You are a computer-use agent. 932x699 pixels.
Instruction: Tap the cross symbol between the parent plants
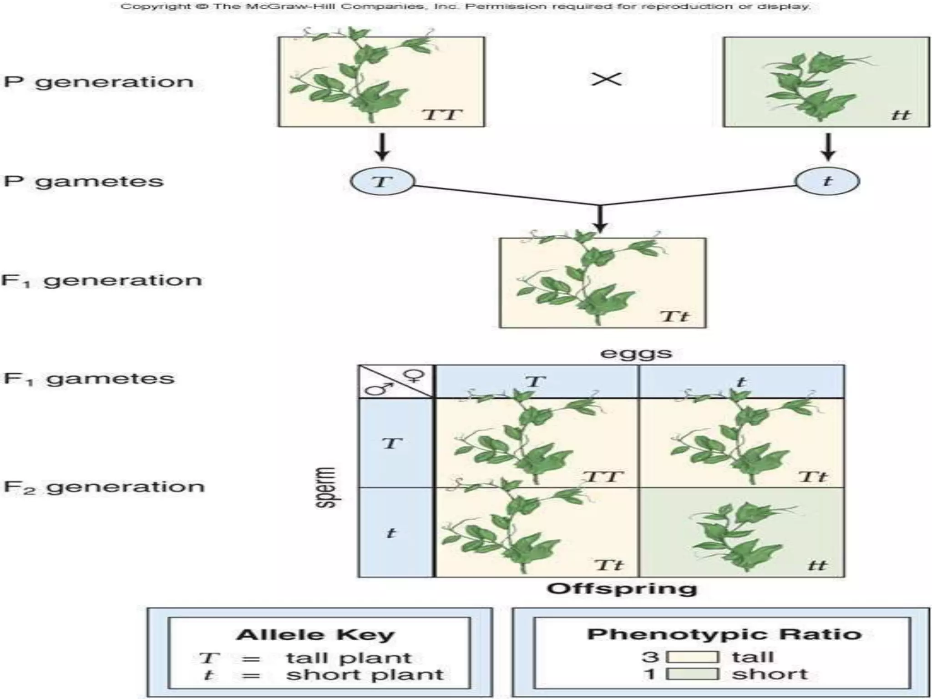pos(606,80)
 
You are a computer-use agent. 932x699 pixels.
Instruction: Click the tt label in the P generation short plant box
pos(900,115)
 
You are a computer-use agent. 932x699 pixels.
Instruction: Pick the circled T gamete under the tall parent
pos(382,181)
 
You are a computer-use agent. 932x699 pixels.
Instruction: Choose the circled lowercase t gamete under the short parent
pos(827,181)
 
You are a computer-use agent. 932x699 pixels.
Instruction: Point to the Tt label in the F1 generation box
pos(674,316)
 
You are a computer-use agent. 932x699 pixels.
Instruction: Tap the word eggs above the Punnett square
pos(636,353)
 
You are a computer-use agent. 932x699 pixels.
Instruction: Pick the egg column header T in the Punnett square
pos(535,381)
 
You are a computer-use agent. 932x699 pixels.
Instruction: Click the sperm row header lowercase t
pos(391,532)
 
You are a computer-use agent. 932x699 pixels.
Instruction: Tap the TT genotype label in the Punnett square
pos(602,476)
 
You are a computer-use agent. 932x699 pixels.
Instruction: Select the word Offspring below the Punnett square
pos(622,588)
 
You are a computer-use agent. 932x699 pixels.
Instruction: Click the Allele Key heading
pos(315,634)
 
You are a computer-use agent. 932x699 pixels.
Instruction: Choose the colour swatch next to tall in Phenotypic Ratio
pos(693,657)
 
